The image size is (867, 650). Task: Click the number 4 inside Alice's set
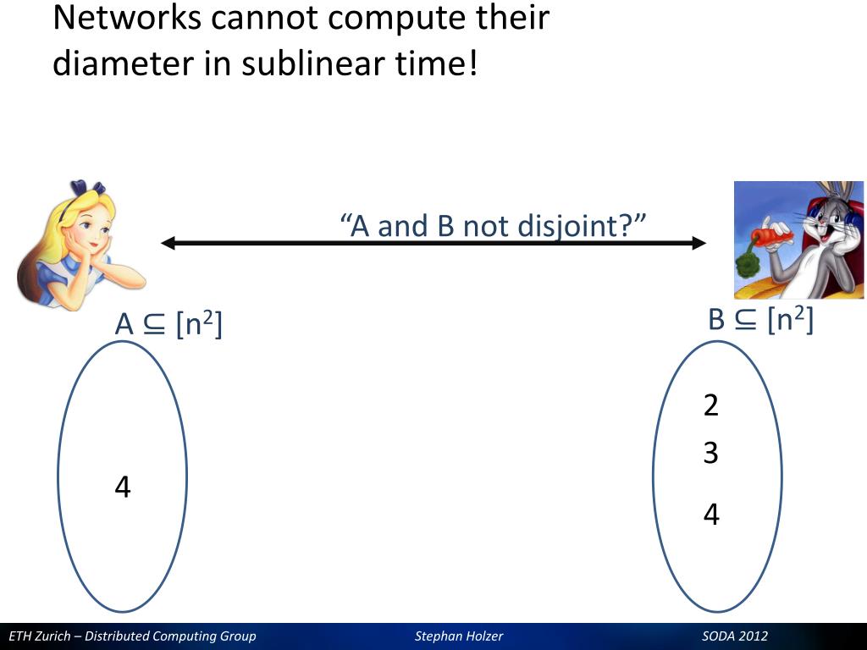tap(123, 487)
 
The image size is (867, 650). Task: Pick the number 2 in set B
tap(711, 406)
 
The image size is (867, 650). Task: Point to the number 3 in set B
tap(711, 454)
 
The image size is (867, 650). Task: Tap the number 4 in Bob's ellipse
tap(711, 515)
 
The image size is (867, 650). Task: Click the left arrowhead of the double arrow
tap(168, 244)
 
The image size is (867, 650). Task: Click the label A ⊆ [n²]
tap(168, 324)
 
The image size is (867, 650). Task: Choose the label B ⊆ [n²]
tap(760, 320)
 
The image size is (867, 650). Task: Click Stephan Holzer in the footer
tap(459, 636)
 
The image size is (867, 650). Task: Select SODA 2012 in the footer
tap(735, 636)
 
